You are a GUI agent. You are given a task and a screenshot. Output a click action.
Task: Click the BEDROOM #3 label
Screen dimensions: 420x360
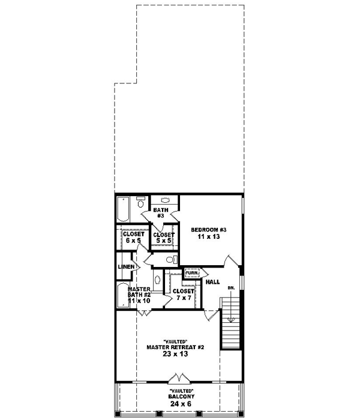pos(208,230)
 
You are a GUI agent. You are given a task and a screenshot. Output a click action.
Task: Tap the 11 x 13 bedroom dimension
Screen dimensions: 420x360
pos(208,238)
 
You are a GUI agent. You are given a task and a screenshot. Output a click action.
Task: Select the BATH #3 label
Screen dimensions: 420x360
pos(160,213)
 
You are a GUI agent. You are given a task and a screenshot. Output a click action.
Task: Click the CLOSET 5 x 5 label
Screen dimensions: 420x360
pos(163,238)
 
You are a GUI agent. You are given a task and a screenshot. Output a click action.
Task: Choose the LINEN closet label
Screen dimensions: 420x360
pos(125,266)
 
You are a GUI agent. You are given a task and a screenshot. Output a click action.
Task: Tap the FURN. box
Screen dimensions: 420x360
pos(191,273)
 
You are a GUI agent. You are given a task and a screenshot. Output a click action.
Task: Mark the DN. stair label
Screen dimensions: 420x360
pos(230,289)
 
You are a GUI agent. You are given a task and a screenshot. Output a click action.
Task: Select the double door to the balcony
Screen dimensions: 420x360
pos(178,379)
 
